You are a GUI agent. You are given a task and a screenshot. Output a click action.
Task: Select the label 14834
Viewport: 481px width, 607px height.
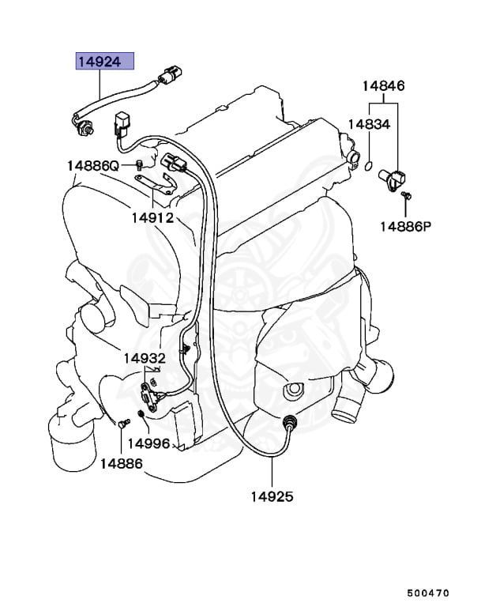tap(368, 125)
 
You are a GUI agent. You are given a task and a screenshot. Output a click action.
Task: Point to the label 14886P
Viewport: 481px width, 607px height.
tap(405, 225)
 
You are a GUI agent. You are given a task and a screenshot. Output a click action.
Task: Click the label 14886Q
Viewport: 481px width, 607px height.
tap(92, 166)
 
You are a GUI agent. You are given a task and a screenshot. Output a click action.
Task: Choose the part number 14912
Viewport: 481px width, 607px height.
tap(152, 217)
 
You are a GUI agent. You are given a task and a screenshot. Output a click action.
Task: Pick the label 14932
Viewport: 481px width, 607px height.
tap(144, 358)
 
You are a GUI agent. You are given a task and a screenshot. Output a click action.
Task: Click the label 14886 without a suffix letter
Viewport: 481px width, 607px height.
tap(121, 463)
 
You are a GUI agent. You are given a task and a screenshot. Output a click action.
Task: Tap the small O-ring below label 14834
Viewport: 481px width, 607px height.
tap(368, 164)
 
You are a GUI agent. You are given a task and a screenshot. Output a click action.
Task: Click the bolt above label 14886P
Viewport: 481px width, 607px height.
tap(405, 194)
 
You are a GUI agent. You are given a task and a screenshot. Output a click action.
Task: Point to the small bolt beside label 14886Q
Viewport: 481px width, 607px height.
tap(138, 165)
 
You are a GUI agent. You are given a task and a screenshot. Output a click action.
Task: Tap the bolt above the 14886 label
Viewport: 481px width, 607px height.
tap(122, 424)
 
